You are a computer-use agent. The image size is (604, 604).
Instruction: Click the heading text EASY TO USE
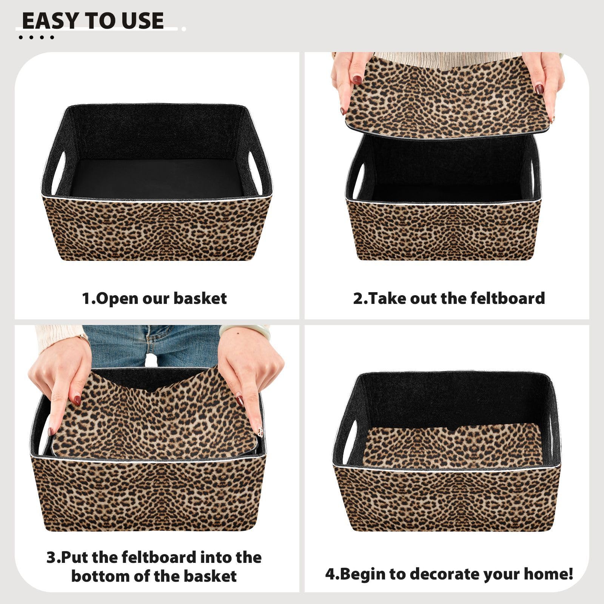(x=93, y=20)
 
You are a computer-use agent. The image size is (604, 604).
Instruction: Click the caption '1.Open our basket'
(x=154, y=298)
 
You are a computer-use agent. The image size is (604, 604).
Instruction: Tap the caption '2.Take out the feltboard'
(x=449, y=298)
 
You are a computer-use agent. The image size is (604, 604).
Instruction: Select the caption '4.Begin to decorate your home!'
(x=449, y=574)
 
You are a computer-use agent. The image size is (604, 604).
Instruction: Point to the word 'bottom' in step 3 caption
(x=97, y=576)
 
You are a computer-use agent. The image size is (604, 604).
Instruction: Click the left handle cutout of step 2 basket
(x=359, y=180)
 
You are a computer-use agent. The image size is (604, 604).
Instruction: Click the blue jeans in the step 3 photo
(x=151, y=346)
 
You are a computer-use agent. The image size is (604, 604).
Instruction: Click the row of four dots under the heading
(x=36, y=37)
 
